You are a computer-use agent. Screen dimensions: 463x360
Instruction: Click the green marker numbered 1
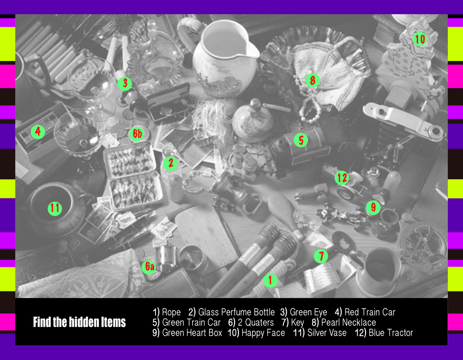pyautogui.click(x=270, y=281)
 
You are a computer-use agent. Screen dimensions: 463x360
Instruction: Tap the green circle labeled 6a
pyautogui.click(x=149, y=267)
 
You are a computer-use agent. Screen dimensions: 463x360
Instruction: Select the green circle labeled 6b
pyautogui.click(x=137, y=134)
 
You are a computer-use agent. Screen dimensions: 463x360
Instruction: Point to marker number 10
pyautogui.click(x=420, y=39)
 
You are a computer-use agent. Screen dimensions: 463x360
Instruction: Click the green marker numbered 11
pyautogui.click(x=55, y=208)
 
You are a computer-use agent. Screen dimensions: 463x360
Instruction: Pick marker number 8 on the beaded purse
pyautogui.click(x=313, y=80)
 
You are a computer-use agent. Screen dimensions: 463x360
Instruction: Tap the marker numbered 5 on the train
pyautogui.click(x=301, y=140)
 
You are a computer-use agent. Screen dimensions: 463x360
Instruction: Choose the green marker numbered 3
pyautogui.click(x=125, y=83)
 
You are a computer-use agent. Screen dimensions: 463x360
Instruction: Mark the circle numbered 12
pyautogui.click(x=342, y=178)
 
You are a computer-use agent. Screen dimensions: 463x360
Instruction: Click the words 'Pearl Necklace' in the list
pyautogui.click(x=348, y=323)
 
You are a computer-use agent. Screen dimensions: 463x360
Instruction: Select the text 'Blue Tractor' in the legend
pyautogui.click(x=391, y=333)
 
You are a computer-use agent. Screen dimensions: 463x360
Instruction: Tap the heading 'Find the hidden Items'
pyautogui.click(x=79, y=322)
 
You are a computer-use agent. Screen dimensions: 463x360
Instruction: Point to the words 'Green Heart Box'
pyautogui.click(x=192, y=333)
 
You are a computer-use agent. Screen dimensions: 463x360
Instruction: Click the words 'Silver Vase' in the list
pyautogui.click(x=327, y=333)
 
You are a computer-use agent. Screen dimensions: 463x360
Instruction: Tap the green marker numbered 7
pyautogui.click(x=321, y=256)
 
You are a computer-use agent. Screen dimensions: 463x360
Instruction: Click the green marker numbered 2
pyautogui.click(x=170, y=163)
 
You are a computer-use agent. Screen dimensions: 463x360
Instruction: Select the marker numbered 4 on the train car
pyautogui.click(x=38, y=132)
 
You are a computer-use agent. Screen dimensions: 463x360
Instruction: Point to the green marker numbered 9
pyautogui.click(x=373, y=208)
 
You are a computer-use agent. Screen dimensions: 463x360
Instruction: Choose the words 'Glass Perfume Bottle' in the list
pyautogui.click(x=237, y=312)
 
